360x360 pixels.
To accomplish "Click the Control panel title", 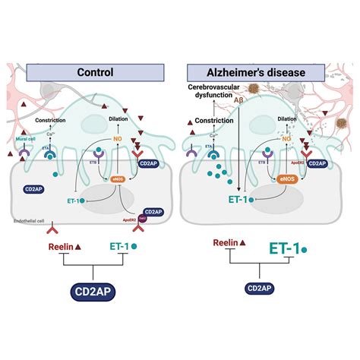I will tap(96, 74).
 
